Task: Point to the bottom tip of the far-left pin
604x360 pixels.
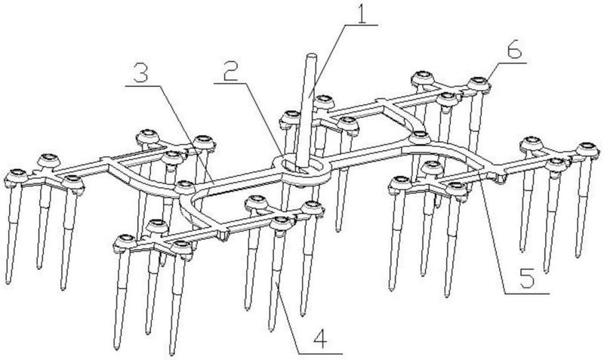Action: [x=8, y=282]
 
